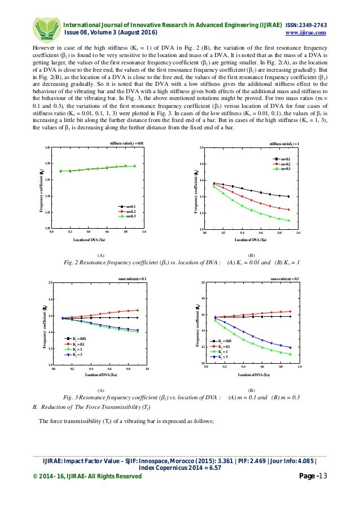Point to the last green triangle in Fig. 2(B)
(288, 220)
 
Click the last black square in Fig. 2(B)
(288, 197)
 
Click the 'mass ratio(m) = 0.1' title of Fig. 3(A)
(133, 278)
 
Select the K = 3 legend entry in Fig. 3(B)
(221, 357)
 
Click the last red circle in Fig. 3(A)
(137, 310)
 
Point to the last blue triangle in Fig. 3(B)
(291, 347)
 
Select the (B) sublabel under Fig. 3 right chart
(252, 390)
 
